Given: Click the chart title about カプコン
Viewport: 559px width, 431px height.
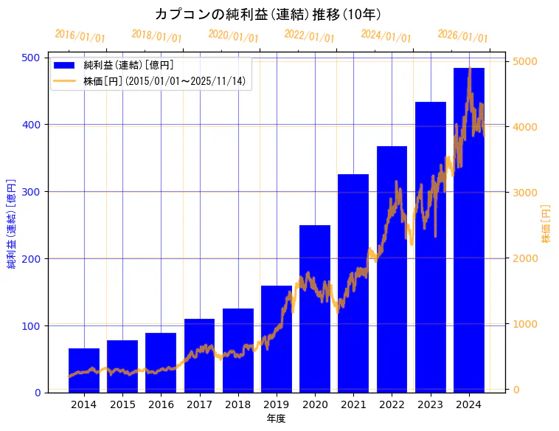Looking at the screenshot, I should click(x=268, y=14).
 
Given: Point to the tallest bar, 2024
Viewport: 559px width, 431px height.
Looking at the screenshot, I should click(x=469, y=230).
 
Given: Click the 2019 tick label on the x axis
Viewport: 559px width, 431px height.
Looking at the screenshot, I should click(x=277, y=404).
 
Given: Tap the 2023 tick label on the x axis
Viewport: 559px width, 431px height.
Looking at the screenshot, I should click(x=431, y=404).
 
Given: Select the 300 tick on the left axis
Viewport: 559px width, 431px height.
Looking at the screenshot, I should click(x=32, y=192).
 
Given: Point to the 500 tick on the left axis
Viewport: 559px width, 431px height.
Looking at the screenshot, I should click(x=32, y=58).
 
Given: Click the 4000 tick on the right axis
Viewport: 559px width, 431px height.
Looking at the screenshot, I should click(x=524, y=127).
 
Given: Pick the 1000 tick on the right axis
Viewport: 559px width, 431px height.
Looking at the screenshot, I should click(x=524, y=324).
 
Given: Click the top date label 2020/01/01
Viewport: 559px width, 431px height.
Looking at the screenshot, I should click(x=233, y=36).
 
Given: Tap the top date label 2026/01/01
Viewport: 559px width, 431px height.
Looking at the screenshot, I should click(x=462, y=36).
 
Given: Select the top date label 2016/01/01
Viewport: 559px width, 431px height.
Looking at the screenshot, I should click(x=80, y=36).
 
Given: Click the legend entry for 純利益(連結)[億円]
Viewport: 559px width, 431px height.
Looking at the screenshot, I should click(x=128, y=66).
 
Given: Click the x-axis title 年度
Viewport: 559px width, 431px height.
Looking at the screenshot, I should click(x=277, y=418).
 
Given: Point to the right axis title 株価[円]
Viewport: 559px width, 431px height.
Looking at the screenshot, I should click(x=546, y=224).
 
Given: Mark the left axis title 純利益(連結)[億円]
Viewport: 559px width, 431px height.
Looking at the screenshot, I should click(x=12, y=224).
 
